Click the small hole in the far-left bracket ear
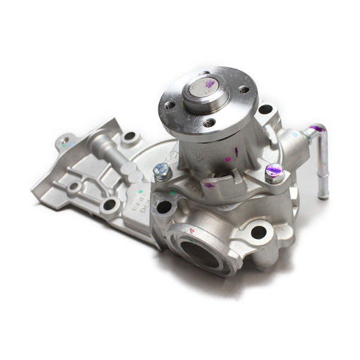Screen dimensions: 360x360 point(65,143)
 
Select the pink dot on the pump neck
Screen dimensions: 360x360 point(228,160)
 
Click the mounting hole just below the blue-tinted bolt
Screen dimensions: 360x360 point(163,207)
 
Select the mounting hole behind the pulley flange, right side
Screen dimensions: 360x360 point(265,110)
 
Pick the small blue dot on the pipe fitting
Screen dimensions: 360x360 point(295,135)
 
